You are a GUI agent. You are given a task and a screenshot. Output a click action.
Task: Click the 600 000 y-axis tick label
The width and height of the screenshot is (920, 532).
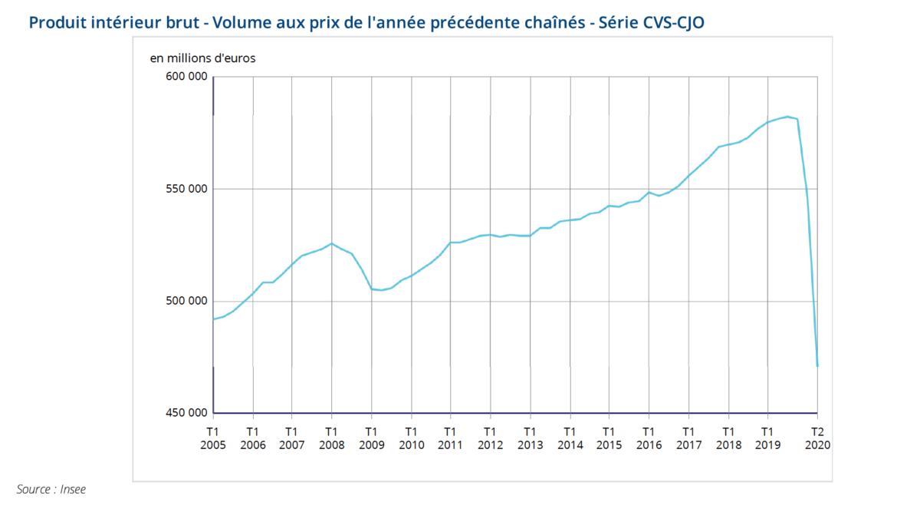186,76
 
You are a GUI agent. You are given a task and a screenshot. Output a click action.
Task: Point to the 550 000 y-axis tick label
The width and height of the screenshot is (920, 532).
186,189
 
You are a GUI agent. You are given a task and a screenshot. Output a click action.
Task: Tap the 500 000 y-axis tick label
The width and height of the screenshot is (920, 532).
186,301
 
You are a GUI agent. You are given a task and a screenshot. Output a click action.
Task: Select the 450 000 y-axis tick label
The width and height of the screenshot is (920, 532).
186,413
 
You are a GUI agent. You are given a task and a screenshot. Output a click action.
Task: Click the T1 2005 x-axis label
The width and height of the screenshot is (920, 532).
213,438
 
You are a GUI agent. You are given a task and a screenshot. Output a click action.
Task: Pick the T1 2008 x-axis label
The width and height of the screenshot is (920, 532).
332,438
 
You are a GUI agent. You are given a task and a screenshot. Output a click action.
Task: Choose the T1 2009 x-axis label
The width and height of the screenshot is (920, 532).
372,438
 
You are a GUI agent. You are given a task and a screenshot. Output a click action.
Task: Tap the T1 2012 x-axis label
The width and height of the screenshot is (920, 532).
490,438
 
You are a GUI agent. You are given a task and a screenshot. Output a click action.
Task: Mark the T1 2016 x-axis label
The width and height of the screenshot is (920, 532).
649,438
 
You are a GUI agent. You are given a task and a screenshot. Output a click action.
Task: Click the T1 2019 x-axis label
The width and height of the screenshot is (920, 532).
767,438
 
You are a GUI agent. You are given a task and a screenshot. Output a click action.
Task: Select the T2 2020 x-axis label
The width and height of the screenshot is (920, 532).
818,438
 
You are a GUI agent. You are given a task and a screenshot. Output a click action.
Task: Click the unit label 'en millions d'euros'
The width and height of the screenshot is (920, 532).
202,58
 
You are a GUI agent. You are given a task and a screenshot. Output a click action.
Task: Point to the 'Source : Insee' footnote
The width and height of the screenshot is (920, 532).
51,489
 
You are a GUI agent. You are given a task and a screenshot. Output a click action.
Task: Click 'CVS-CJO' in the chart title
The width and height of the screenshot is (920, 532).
669,22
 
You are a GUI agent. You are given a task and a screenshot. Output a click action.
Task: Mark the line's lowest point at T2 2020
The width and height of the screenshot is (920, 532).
817,366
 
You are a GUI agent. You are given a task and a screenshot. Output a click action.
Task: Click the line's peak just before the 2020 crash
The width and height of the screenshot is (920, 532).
787,117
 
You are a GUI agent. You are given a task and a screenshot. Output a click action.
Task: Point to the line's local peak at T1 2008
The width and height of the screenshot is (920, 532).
331,243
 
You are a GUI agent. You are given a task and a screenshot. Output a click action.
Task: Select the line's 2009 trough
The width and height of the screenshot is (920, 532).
381,290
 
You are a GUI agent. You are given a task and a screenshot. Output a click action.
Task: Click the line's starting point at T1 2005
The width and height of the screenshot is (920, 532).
214,319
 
